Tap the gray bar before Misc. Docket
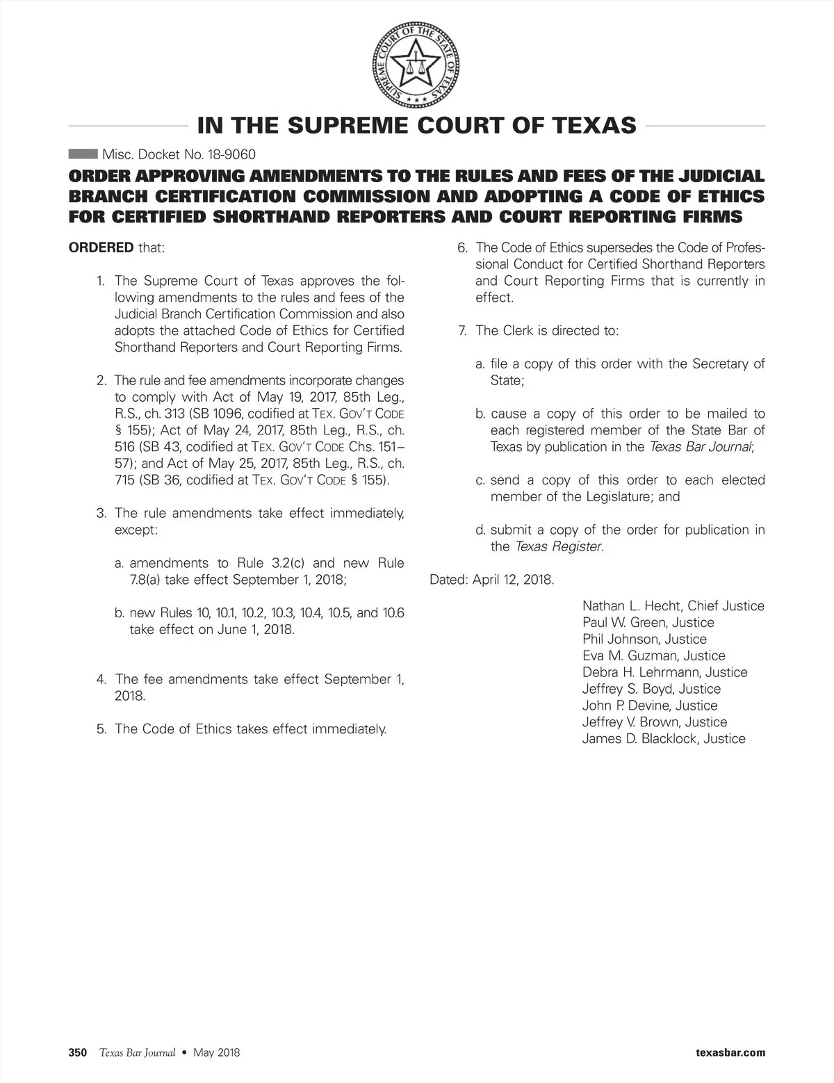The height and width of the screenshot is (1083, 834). click(x=83, y=154)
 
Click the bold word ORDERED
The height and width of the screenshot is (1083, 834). click(x=101, y=247)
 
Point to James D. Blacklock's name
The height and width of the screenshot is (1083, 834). click(x=639, y=739)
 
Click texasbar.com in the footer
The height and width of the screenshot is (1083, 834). click(x=730, y=1052)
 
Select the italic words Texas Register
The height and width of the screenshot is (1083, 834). click(x=558, y=546)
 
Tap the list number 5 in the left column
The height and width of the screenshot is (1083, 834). click(x=101, y=729)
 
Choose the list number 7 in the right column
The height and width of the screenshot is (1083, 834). click(x=462, y=330)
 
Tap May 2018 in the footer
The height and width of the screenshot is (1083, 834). click(x=217, y=1052)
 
